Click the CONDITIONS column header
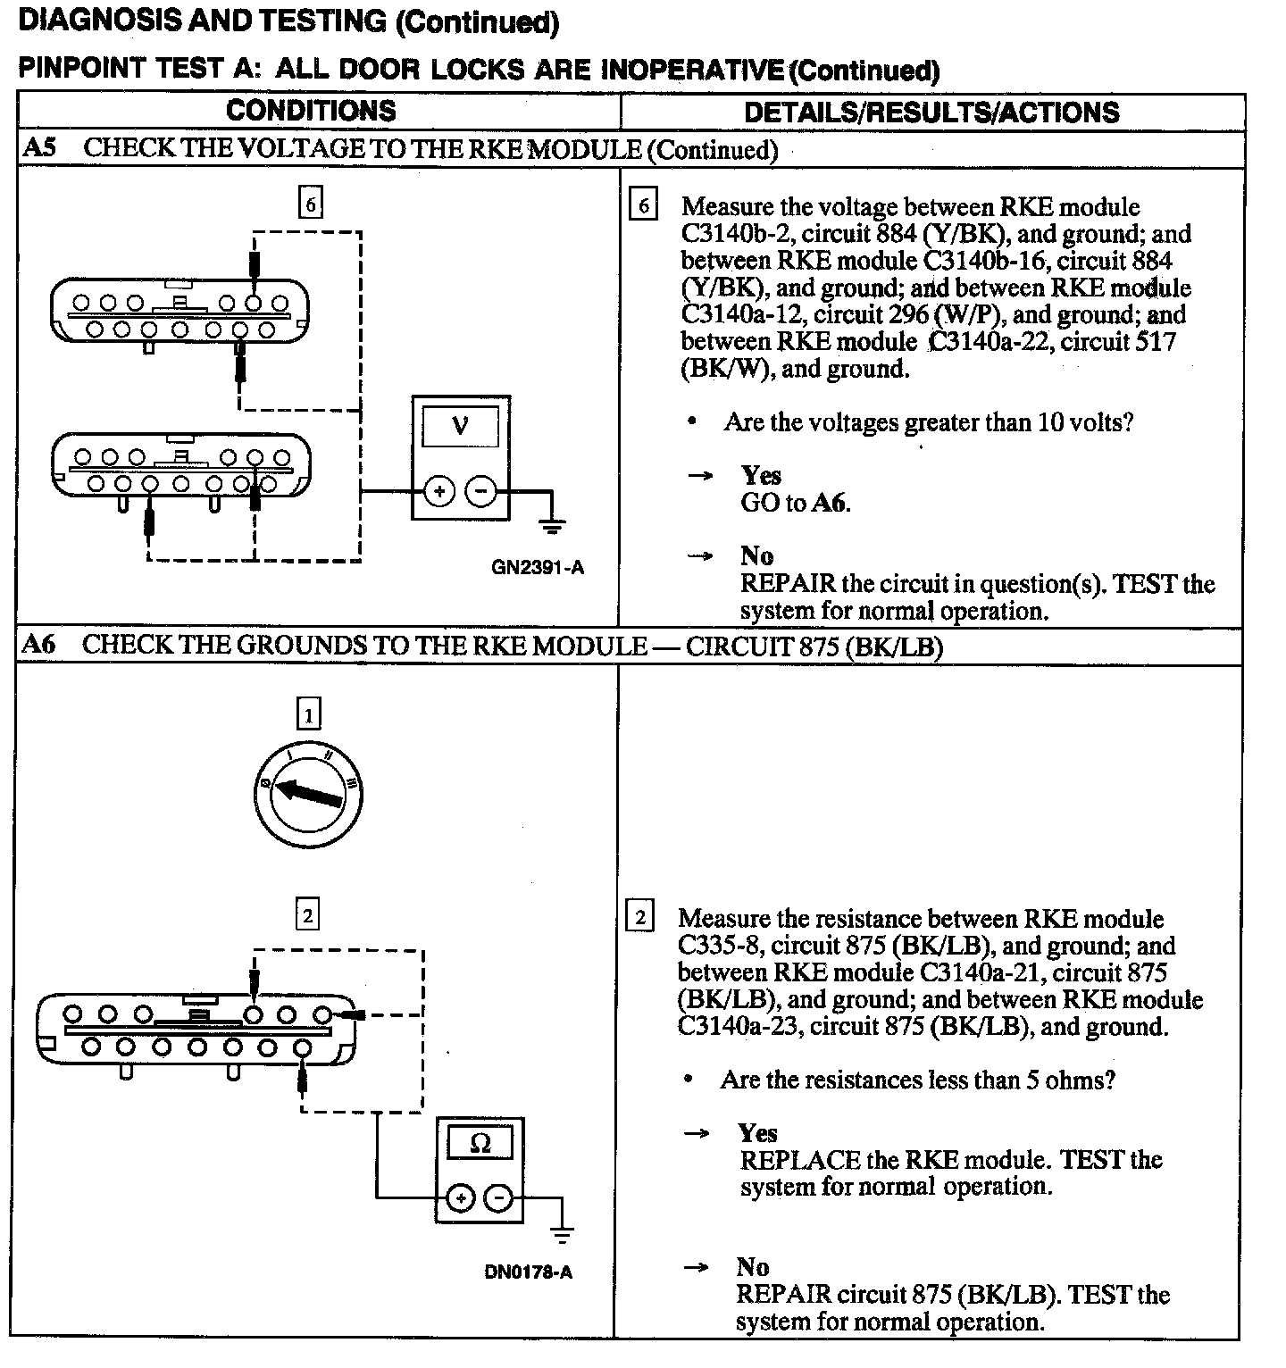pyautogui.click(x=311, y=111)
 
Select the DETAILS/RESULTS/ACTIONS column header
pyautogui.click(x=931, y=113)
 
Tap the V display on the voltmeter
pyautogui.click(x=460, y=425)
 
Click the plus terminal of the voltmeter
pyautogui.click(x=439, y=490)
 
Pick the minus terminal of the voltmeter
pyautogui.click(x=481, y=490)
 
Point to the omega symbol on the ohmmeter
pyautogui.click(x=480, y=1144)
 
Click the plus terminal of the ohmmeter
pyautogui.click(x=460, y=1198)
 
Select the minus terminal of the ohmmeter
pyautogui.click(x=499, y=1198)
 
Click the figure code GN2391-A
pyautogui.click(x=538, y=567)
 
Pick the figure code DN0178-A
pyautogui.click(x=529, y=1272)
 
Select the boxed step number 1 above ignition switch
pyautogui.click(x=308, y=714)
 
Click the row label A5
pyautogui.click(x=39, y=148)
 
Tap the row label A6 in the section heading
pyautogui.click(x=39, y=645)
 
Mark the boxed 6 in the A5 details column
pyautogui.click(x=643, y=205)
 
